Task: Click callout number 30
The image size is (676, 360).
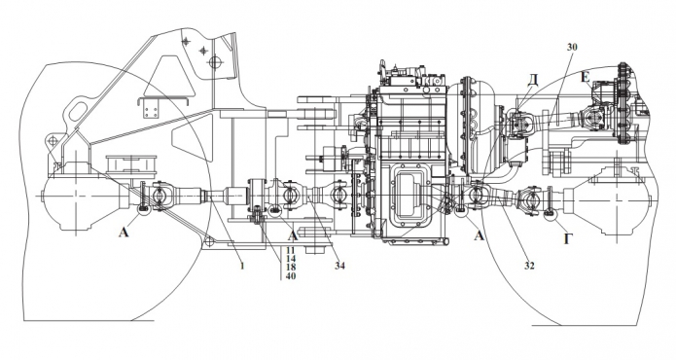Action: [x=572, y=47]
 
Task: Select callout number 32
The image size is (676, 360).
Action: [x=529, y=266]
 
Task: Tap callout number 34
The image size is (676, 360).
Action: [x=339, y=266]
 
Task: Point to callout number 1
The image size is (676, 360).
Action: [x=242, y=266]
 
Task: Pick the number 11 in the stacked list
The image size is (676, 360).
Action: [x=291, y=251]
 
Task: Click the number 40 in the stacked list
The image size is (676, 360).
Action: [x=291, y=275]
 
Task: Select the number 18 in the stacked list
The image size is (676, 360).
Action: [x=291, y=268]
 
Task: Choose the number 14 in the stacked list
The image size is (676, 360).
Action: [x=291, y=259]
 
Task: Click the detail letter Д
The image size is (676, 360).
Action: [x=534, y=80]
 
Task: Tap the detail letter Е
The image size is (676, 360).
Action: [x=585, y=77]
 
